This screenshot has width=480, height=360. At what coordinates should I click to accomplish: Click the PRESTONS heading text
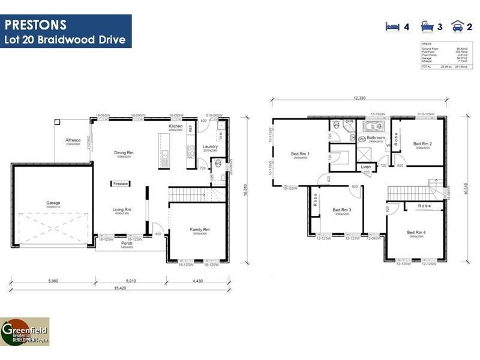(36, 25)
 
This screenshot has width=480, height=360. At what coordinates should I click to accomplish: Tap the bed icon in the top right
(392, 26)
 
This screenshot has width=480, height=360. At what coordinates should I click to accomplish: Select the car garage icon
(457, 26)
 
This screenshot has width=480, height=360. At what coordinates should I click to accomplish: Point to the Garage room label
(53, 203)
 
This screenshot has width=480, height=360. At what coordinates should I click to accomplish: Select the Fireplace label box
(120, 184)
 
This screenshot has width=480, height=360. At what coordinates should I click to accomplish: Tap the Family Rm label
(200, 230)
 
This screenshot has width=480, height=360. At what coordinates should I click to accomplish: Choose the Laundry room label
(210, 146)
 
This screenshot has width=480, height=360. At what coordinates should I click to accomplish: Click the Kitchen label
(175, 127)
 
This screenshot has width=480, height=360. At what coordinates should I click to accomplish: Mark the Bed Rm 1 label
(300, 154)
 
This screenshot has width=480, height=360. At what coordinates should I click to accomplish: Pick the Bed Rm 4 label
(416, 232)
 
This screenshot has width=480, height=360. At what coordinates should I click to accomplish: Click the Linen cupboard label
(365, 167)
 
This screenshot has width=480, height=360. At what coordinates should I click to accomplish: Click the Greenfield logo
(25, 331)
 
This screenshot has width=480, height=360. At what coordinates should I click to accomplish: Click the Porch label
(127, 243)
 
